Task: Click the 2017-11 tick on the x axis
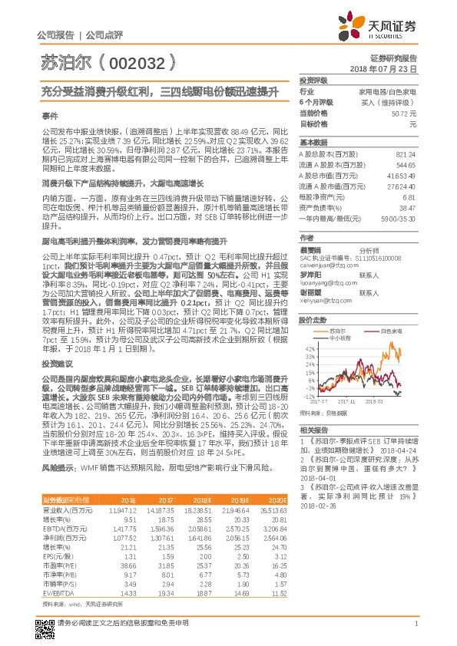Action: (346, 400)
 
